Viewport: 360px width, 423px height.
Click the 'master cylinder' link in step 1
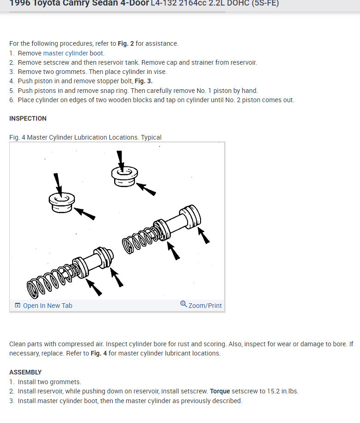coord(65,53)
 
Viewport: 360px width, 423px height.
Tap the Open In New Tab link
coord(48,306)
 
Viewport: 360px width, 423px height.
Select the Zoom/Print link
coord(205,306)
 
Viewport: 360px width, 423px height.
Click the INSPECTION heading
coord(28,119)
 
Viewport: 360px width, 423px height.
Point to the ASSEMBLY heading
coord(25,372)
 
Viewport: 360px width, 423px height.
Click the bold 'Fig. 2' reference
coord(125,43)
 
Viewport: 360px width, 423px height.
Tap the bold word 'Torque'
coord(220,391)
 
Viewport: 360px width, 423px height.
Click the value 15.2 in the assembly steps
coord(273,391)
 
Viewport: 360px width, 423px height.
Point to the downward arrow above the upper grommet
coord(121,160)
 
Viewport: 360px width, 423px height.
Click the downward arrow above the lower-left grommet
coord(58,183)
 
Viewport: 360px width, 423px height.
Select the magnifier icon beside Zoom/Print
coord(183,304)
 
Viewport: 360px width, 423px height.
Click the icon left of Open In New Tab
coord(18,306)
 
